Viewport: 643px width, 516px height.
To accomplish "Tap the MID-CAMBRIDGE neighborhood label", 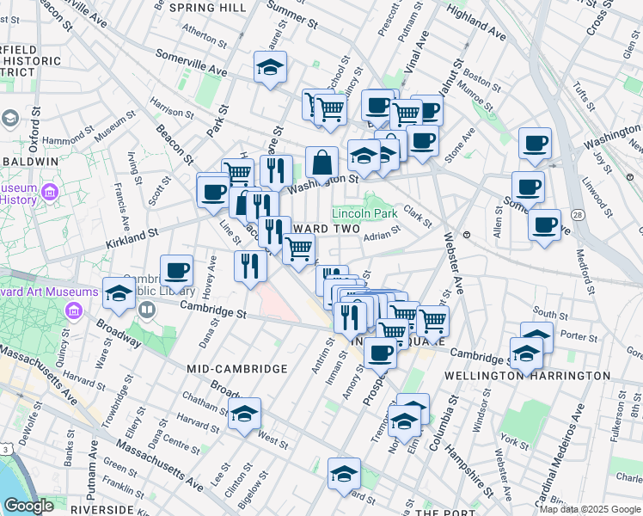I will (x=237, y=368).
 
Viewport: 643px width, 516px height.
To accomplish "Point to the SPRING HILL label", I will (x=208, y=7).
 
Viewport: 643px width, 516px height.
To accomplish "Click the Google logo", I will (x=28, y=506).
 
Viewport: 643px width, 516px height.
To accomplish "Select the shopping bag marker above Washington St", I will (x=321, y=162).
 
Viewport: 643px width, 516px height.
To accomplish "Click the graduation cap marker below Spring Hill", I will (x=270, y=67).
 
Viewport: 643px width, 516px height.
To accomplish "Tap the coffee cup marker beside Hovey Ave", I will (x=177, y=270).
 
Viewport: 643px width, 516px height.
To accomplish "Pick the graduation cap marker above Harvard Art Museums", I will (x=119, y=293).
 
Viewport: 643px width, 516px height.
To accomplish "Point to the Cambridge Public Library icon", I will (x=147, y=309).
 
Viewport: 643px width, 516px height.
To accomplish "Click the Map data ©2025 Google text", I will (x=589, y=509).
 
